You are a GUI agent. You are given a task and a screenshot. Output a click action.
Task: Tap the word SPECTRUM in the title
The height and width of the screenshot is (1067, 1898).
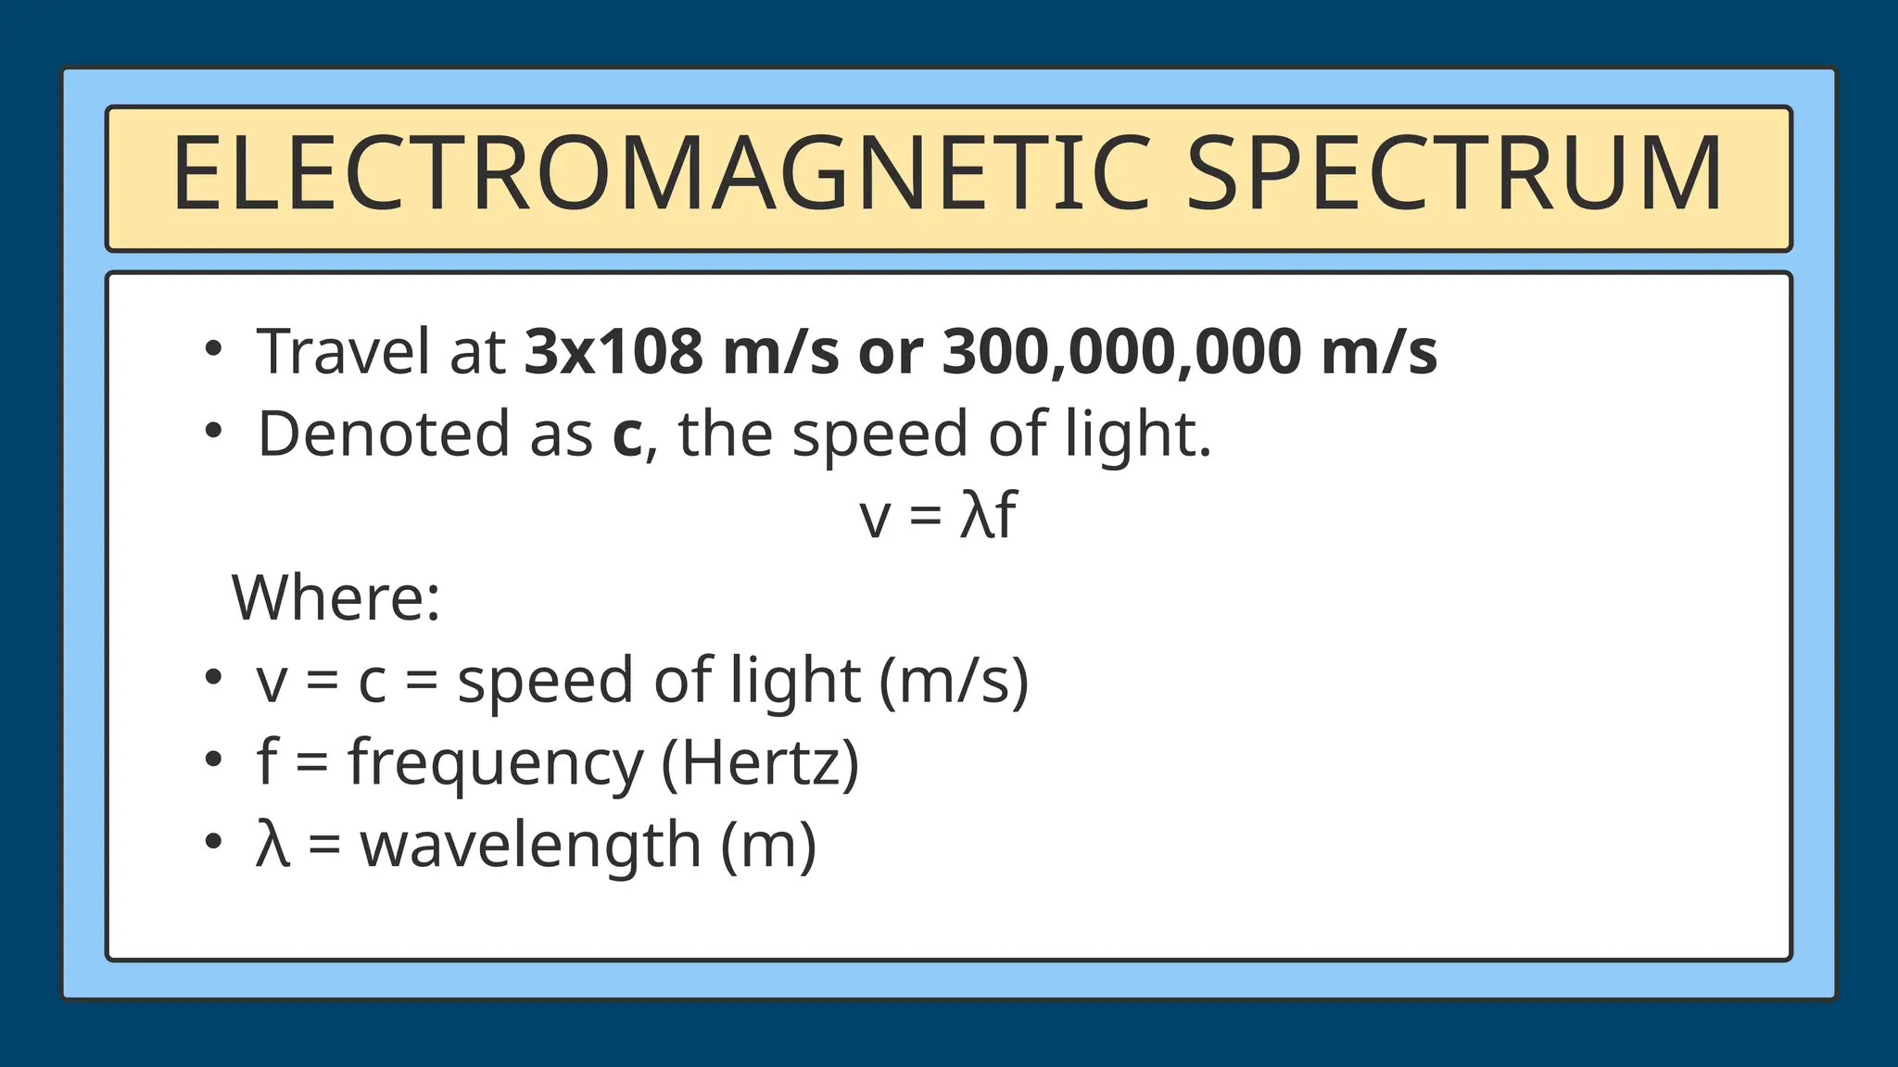(x=1455, y=175)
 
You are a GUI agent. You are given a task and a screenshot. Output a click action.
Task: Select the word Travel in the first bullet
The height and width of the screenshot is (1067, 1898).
(x=343, y=352)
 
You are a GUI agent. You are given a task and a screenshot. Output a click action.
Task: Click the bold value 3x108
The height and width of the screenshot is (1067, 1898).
(x=614, y=352)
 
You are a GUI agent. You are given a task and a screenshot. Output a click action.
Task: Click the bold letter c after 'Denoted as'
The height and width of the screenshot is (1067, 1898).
(x=626, y=434)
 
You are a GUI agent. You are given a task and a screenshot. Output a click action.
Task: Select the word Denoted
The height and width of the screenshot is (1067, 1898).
(x=383, y=434)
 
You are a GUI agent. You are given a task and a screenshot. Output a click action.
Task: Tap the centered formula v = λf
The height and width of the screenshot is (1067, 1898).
(x=938, y=515)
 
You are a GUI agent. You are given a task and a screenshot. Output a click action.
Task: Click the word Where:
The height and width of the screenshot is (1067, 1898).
(x=335, y=597)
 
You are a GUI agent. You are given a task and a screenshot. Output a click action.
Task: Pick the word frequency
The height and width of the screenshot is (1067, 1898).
(x=495, y=763)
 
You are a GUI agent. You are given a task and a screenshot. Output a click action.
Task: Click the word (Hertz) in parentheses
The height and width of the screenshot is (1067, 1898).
(x=760, y=763)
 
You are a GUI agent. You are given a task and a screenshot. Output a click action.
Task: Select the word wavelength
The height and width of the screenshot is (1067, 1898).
(x=530, y=845)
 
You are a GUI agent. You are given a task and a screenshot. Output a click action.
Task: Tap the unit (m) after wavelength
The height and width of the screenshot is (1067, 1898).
(x=769, y=845)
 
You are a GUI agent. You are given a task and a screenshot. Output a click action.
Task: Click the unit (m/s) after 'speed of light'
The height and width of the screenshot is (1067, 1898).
(x=954, y=681)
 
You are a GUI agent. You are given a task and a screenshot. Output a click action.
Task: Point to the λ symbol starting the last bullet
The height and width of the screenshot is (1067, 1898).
(x=272, y=845)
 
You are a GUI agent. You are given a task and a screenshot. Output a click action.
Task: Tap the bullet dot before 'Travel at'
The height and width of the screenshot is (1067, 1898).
(x=214, y=349)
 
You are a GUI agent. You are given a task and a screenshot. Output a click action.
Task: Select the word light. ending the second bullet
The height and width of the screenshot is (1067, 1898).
(x=1137, y=434)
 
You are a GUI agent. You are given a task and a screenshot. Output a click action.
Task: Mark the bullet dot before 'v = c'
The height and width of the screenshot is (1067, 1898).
(x=214, y=677)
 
